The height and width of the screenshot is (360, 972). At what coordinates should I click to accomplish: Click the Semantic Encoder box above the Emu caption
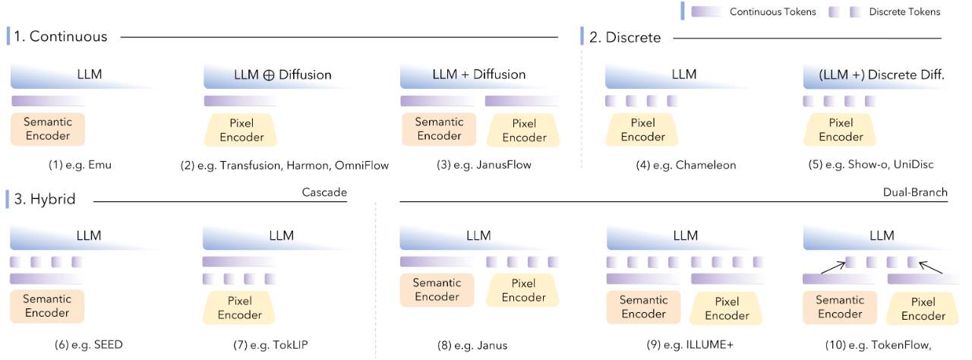(47, 129)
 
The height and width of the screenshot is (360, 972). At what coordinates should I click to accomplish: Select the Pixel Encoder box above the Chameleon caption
(642, 130)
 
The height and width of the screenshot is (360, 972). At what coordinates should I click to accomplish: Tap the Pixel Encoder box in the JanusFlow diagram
(524, 130)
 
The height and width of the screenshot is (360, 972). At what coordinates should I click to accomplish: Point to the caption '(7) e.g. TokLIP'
(270, 345)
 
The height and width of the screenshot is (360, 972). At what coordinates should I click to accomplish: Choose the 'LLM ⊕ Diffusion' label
(282, 74)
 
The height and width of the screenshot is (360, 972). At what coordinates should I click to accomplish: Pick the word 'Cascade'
(324, 192)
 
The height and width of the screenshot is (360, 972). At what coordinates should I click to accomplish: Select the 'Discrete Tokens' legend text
(904, 11)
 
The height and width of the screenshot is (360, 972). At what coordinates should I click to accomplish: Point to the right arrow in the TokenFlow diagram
(932, 267)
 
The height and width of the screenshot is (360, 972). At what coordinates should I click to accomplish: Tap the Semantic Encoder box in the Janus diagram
(437, 289)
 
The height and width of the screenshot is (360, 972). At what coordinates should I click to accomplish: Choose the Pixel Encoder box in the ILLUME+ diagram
(727, 307)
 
